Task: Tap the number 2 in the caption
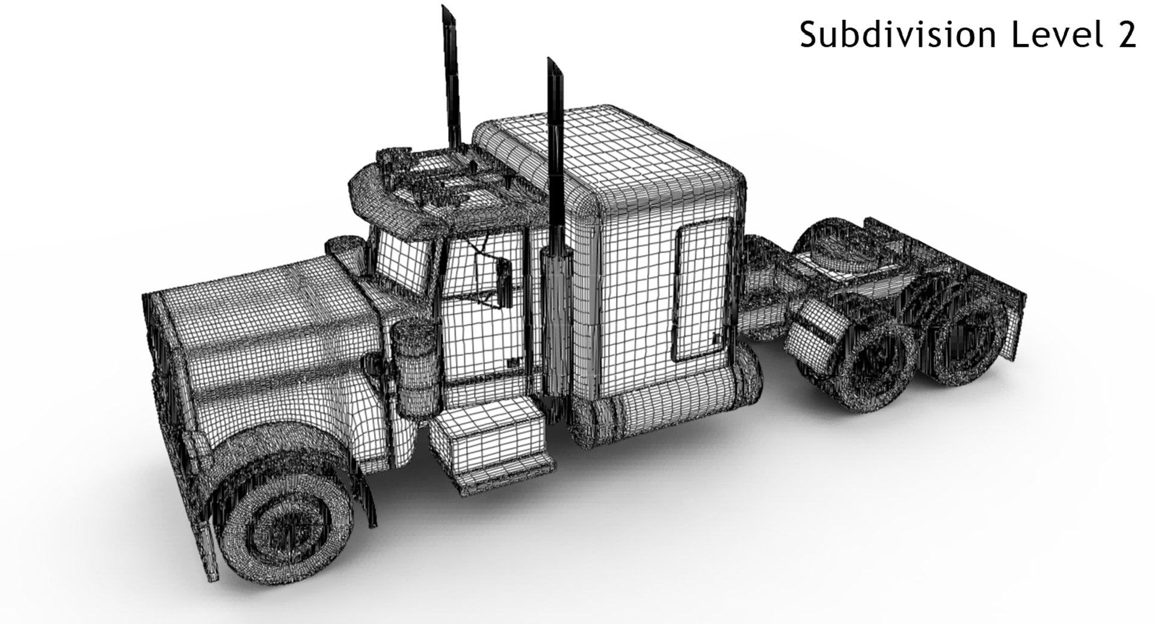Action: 1124,35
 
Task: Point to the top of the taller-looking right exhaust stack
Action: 553,66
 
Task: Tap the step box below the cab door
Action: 487,436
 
